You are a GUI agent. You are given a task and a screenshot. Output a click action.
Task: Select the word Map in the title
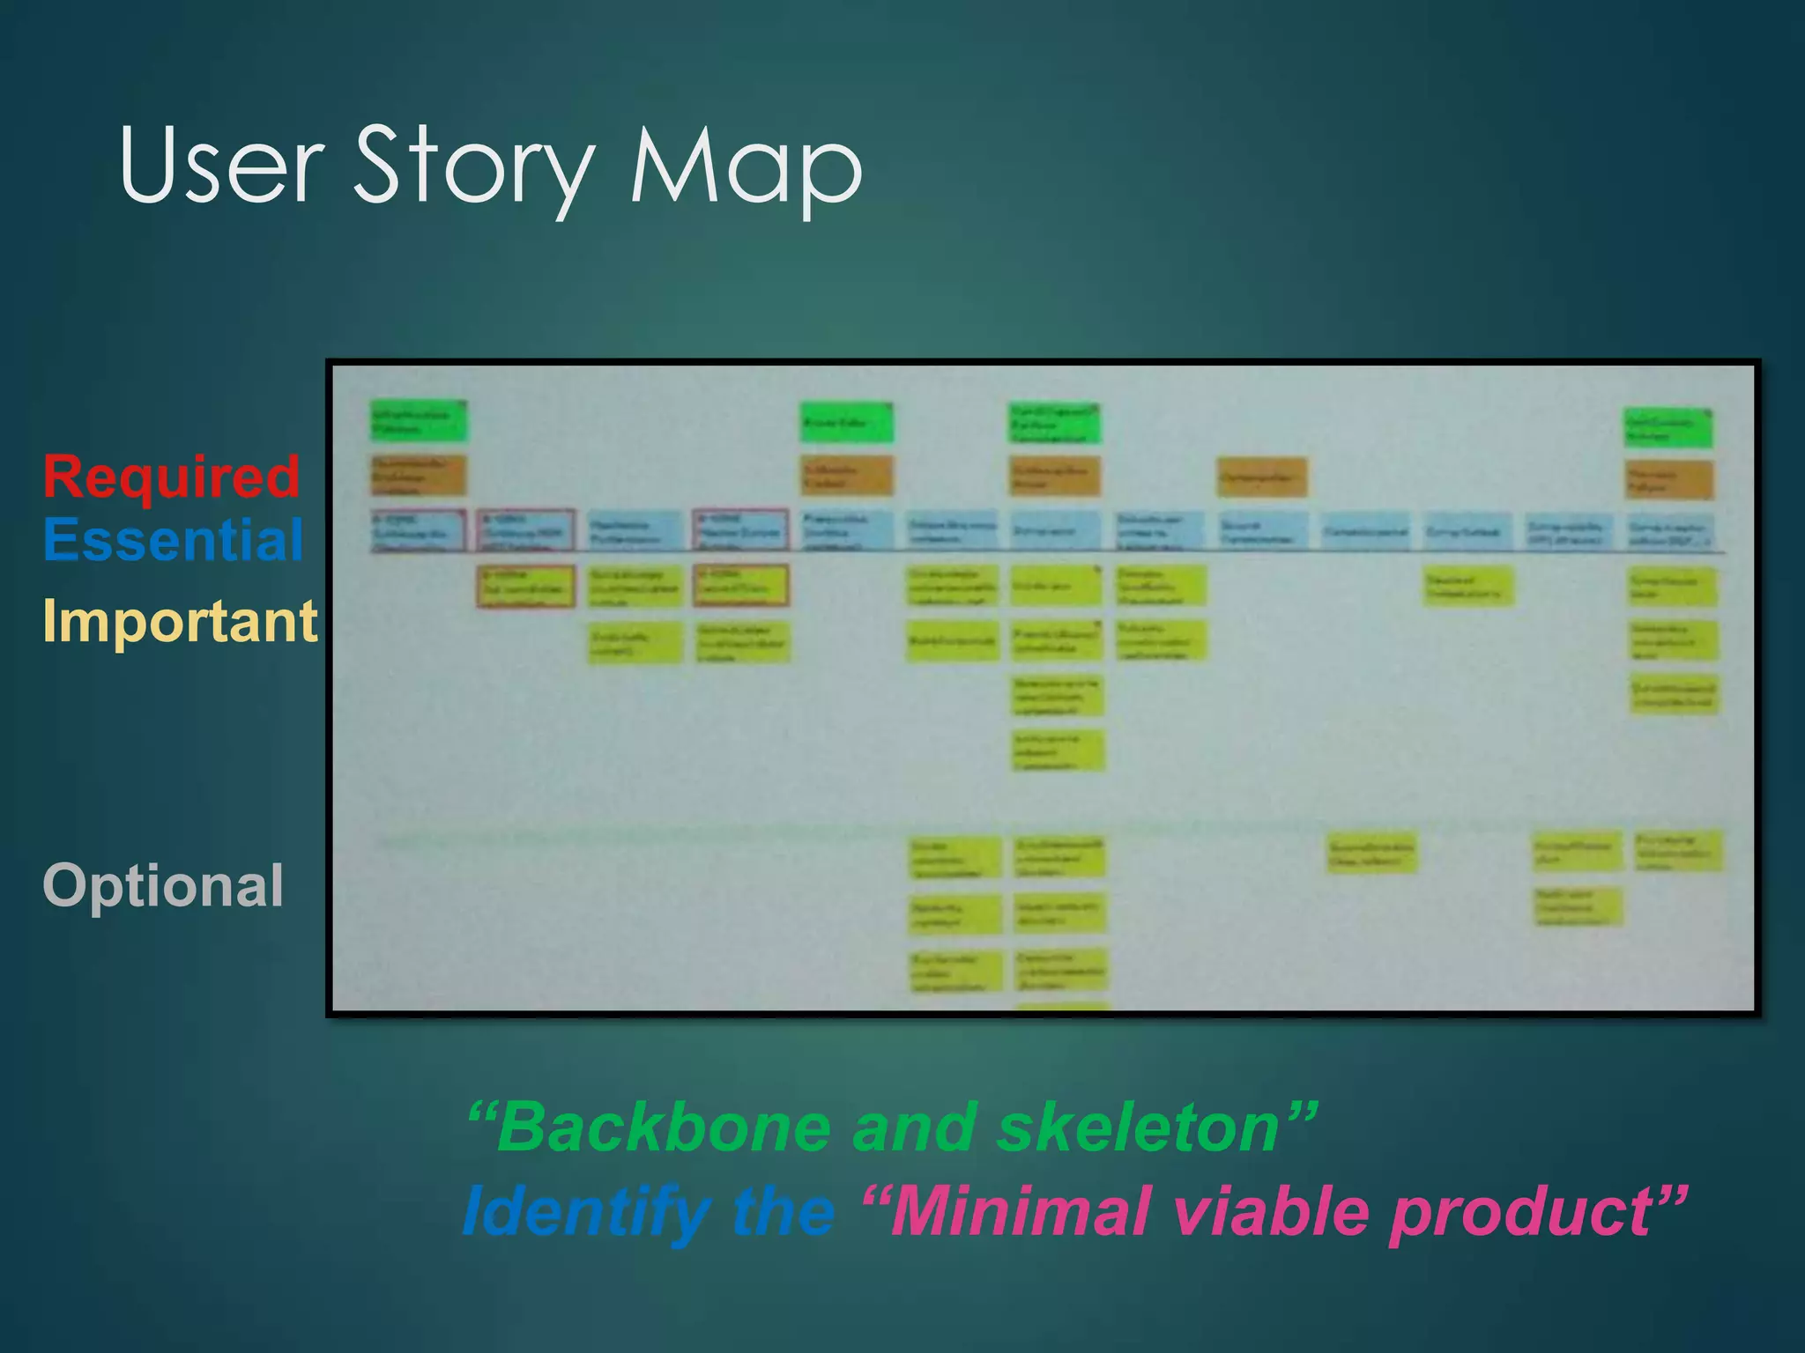[x=746, y=167]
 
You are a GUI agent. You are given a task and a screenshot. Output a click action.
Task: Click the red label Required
[x=172, y=477]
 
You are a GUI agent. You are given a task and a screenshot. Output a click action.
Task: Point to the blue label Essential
[x=174, y=539]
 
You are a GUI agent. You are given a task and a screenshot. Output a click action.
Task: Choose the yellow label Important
[x=180, y=621]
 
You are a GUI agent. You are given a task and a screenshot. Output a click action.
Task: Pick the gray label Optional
[x=163, y=885]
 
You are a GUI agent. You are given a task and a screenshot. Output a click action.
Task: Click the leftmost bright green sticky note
[x=418, y=421]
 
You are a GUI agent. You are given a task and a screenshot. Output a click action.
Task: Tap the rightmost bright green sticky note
[x=1668, y=428]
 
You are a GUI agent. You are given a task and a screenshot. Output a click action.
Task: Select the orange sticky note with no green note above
[x=1261, y=477]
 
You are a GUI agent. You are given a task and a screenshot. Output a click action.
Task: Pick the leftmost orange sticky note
[x=418, y=475]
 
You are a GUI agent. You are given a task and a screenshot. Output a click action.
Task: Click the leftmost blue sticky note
[x=418, y=530]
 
